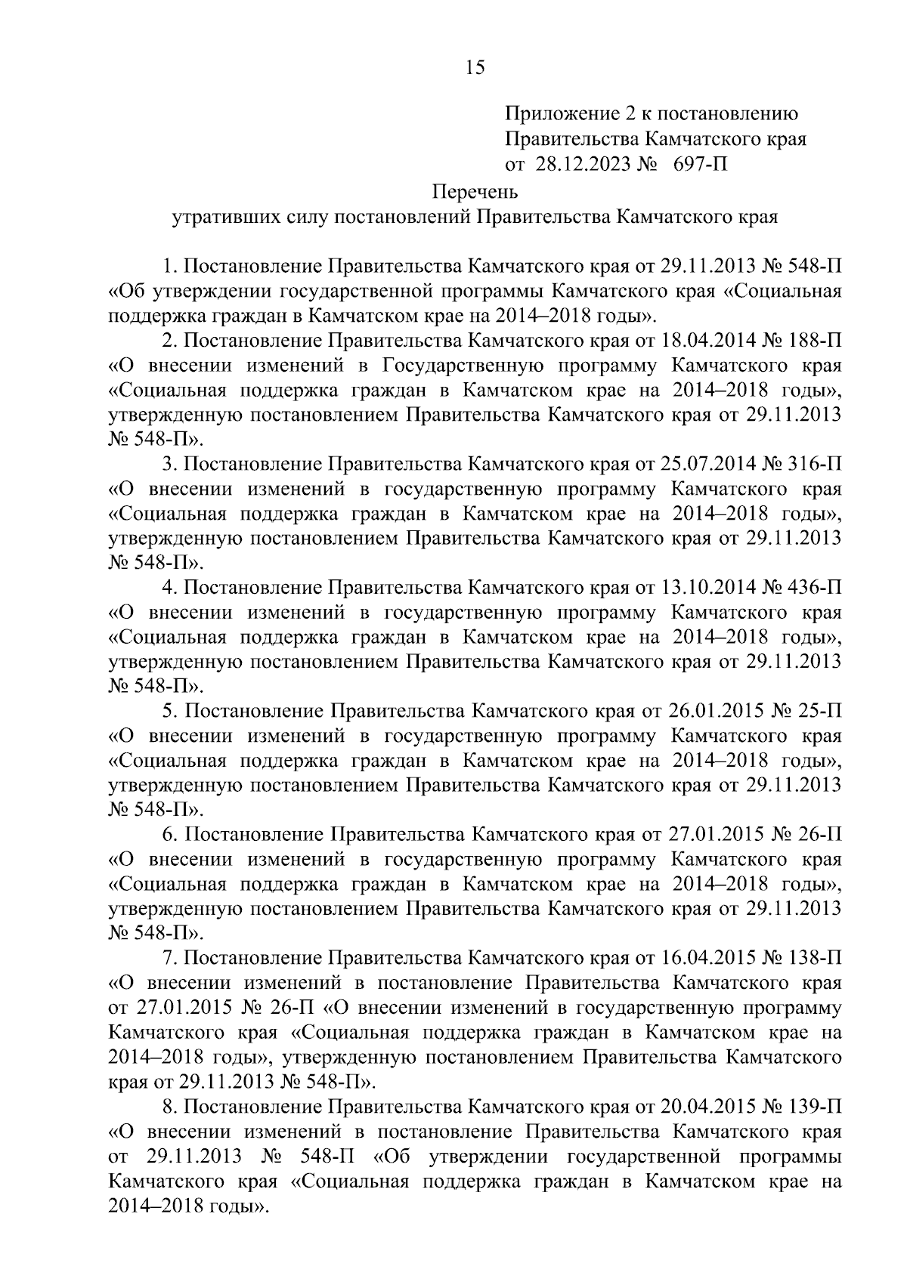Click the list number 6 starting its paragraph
click(x=169, y=835)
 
